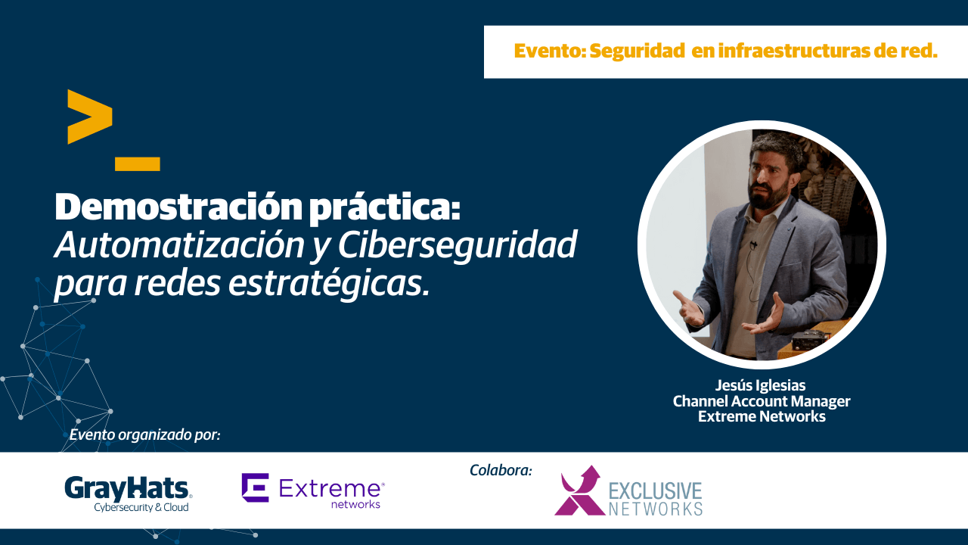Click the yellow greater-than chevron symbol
tap(90, 117)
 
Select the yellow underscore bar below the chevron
tap(138, 164)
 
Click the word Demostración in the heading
tap(178, 207)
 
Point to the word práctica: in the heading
tap(385, 208)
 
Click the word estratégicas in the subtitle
tap(329, 285)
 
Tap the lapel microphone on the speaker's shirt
tap(754, 244)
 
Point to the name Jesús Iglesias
tap(761, 385)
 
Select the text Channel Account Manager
tap(762, 401)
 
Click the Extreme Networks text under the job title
tap(762, 416)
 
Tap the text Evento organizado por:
tap(145, 434)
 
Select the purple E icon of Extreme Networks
tap(256, 487)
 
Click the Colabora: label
tap(501, 470)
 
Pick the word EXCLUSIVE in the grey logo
tap(656, 491)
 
